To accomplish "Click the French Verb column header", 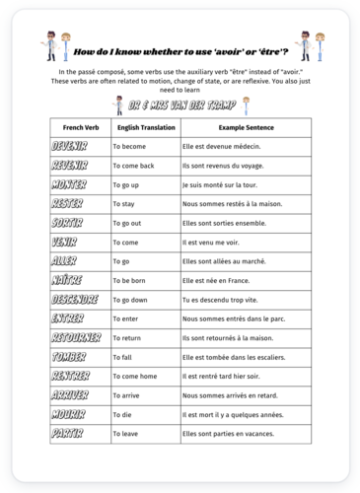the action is [80, 128].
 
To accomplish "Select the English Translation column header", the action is [143, 128].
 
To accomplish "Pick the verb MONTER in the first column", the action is [69, 184].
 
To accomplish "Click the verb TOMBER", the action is [69, 357].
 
